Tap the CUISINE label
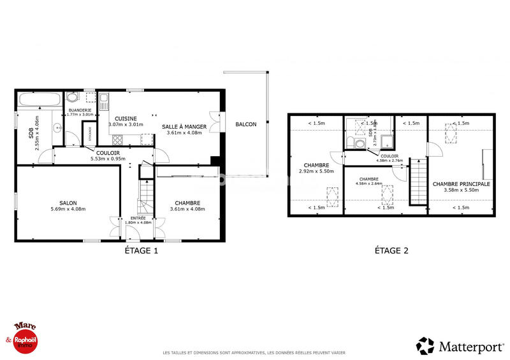point(126,119)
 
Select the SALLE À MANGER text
point(184,127)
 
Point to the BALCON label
point(245,124)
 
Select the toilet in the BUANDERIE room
point(73,97)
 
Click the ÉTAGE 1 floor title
point(140,250)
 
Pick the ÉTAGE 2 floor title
point(391,250)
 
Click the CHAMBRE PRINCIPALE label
point(461,184)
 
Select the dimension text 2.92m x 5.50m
point(316,171)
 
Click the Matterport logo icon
point(425,346)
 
